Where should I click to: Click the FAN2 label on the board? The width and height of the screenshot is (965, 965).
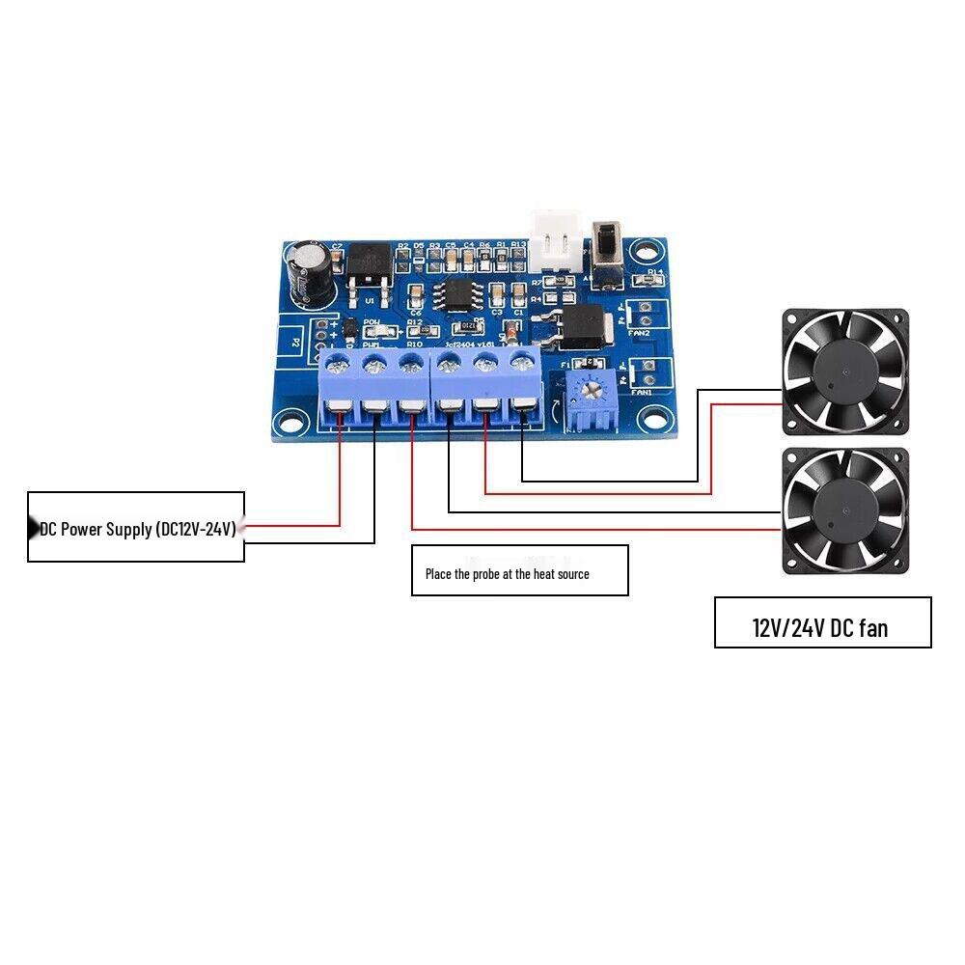coord(640,333)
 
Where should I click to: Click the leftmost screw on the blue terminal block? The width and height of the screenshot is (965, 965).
coord(338,365)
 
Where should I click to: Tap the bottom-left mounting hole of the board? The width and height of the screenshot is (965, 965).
coord(287,421)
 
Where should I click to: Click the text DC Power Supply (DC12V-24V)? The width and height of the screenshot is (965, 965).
coord(138,529)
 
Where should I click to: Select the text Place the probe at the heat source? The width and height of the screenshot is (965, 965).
coord(508,573)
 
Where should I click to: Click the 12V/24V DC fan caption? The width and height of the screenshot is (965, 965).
coord(820,628)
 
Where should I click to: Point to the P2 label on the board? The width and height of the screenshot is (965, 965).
coord(296,341)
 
